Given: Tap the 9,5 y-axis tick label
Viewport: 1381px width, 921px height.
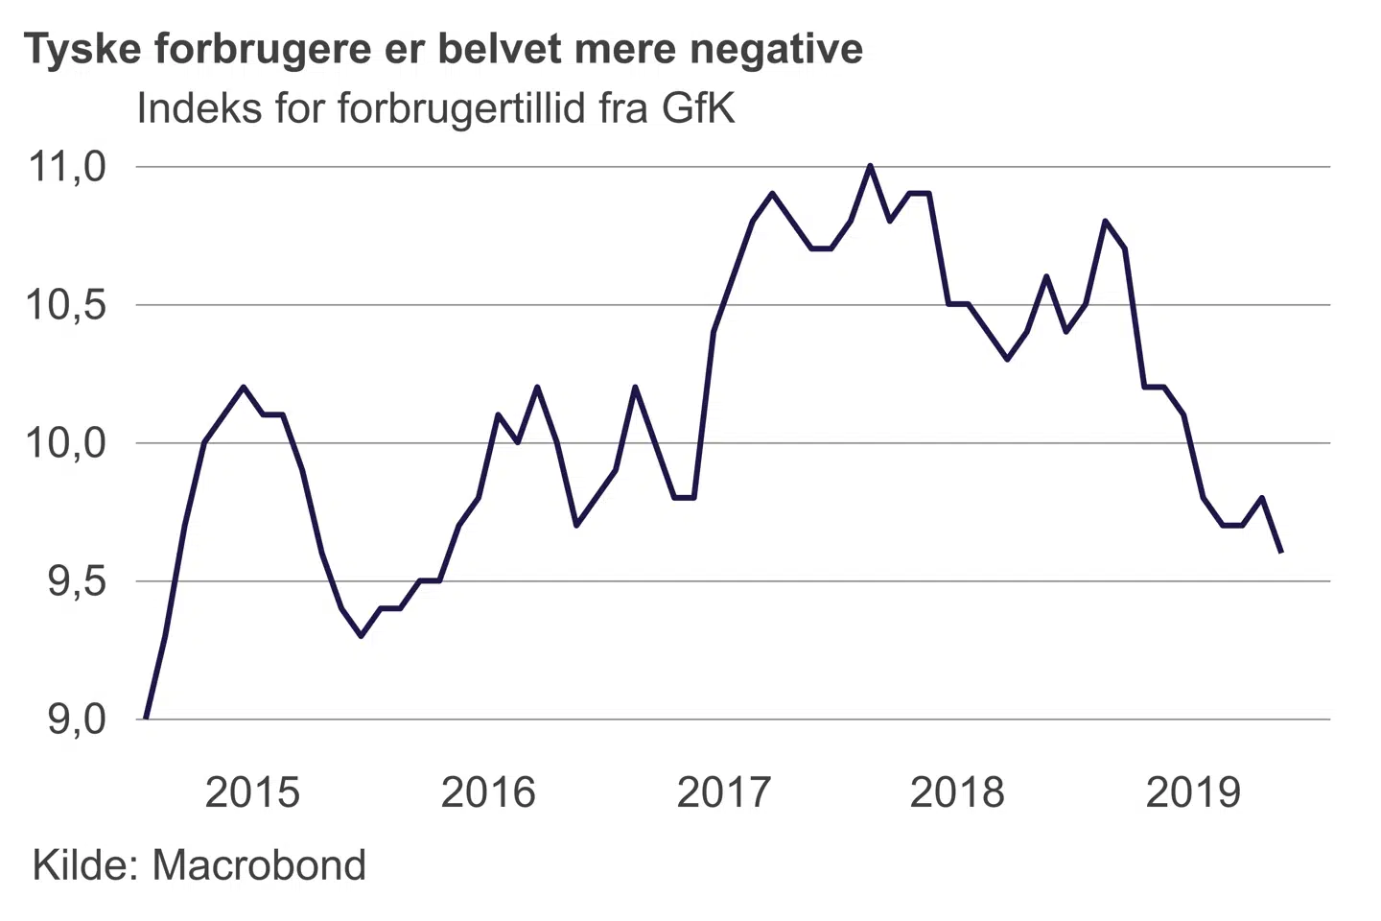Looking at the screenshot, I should (x=77, y=581).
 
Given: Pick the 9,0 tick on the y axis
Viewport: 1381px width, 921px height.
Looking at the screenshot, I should (x=77, y=720).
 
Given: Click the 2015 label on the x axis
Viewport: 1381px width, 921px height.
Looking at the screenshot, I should (x=252, y=792).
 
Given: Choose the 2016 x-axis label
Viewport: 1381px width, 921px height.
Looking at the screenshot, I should (x=488, y=792).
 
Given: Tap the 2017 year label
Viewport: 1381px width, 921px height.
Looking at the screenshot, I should (x=723, y=792).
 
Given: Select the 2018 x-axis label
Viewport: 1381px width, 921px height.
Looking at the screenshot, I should (x=957, y=792).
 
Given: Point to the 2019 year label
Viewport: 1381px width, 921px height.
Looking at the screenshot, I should (x=1193, y=792).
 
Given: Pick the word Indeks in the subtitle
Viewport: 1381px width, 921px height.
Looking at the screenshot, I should (x=199, y=108).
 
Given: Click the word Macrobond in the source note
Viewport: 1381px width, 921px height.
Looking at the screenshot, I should (x=259, y=865).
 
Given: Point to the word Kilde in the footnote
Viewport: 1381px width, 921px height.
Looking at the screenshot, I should (x=86, y=865).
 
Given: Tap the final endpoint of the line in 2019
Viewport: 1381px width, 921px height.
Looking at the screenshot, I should (x=1281, y=553).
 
